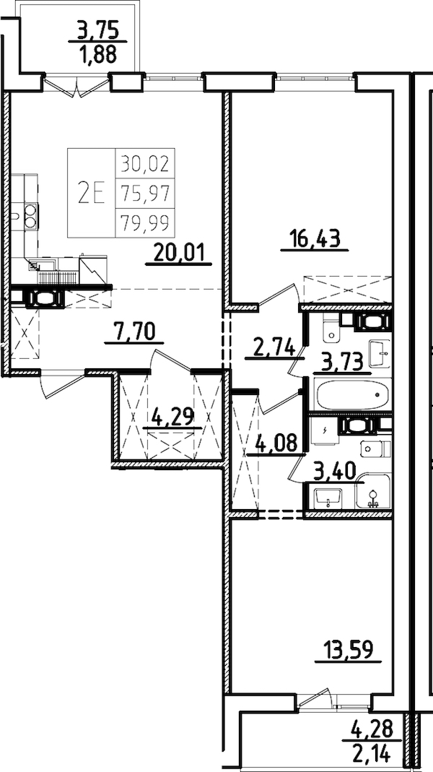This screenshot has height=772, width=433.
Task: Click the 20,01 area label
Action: click(180, 252)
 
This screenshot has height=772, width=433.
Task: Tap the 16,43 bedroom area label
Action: click(315, 238)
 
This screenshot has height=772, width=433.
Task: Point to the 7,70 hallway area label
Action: click(134, 331)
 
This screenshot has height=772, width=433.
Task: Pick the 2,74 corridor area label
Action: click(274, 347)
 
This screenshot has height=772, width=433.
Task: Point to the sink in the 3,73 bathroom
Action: click(379, 353)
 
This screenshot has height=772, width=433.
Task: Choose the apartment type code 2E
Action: click(92, 193)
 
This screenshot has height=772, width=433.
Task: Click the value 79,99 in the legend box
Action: click(145, 224)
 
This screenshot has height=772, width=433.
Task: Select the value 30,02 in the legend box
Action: click(145, 164)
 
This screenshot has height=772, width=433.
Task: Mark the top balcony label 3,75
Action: click(97, 31)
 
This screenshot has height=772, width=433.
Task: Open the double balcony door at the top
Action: click(76, 84)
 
